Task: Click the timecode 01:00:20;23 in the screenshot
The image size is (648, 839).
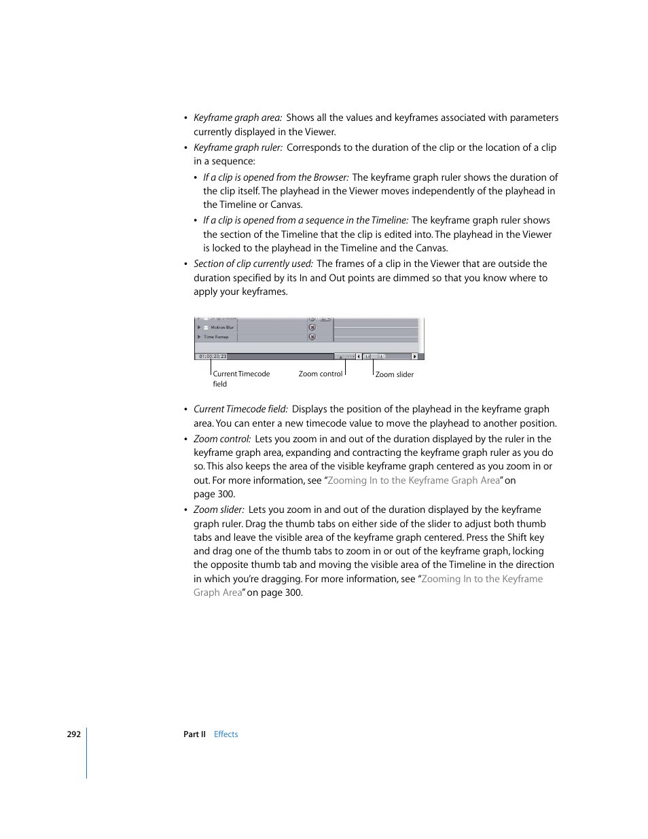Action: pos(212,356)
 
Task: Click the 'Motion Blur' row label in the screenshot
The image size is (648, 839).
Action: pos(221,327)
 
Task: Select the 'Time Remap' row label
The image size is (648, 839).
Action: pos(216,337)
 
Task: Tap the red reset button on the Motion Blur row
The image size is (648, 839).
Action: pos(312,327)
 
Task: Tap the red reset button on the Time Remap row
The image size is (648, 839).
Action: pos(312,337)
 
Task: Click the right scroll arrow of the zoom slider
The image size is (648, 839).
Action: pos(414,356)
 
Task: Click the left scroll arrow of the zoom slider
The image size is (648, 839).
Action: pos(359,356)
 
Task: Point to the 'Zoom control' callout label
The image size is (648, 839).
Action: pos(320,374)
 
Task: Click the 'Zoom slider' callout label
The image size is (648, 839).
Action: pos(394,374)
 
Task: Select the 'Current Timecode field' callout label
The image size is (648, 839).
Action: pos(241,378)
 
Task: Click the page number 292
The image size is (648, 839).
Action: pos(73,734)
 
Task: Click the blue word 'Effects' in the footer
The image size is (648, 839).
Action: pos(226,734)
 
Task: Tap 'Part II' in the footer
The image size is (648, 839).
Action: pos(194,734)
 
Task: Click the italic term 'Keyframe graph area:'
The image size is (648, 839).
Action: pos(238,118)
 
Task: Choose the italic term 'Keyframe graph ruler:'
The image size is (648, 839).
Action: pos(238,147)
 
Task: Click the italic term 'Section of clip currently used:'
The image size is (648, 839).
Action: pos(253,264)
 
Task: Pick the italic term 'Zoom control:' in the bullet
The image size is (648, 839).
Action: pos(222,439)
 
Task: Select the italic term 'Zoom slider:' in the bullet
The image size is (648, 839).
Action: pos(219,510)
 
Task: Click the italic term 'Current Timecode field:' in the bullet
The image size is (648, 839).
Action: pos(240,409)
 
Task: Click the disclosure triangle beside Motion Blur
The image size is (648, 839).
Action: pos(199,327)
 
